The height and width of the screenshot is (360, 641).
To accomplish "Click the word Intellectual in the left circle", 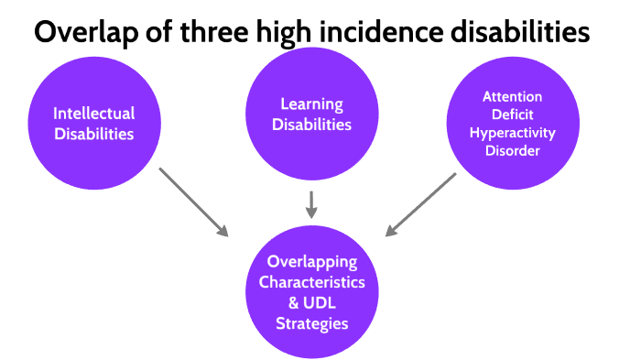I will pyautogui.click(x=93, y=114).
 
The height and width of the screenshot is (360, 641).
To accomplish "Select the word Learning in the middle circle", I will pyautogui.click(x=312, y=104).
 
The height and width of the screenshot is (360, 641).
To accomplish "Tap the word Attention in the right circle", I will pyautogui.click(x=514, y=96).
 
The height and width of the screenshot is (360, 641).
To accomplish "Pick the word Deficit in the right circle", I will pyautogui.click(x=514, y=115).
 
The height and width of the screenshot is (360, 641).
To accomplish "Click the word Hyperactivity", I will pyautogui.click(x=514, y=133).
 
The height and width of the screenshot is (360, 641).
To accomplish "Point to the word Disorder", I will pyautogui.click(x=514, y=151).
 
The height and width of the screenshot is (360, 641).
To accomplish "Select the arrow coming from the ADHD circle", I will pyautogui.click(x=421, y=203).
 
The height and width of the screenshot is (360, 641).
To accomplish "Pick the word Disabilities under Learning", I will pyautogui.click(x=312, y=125).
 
